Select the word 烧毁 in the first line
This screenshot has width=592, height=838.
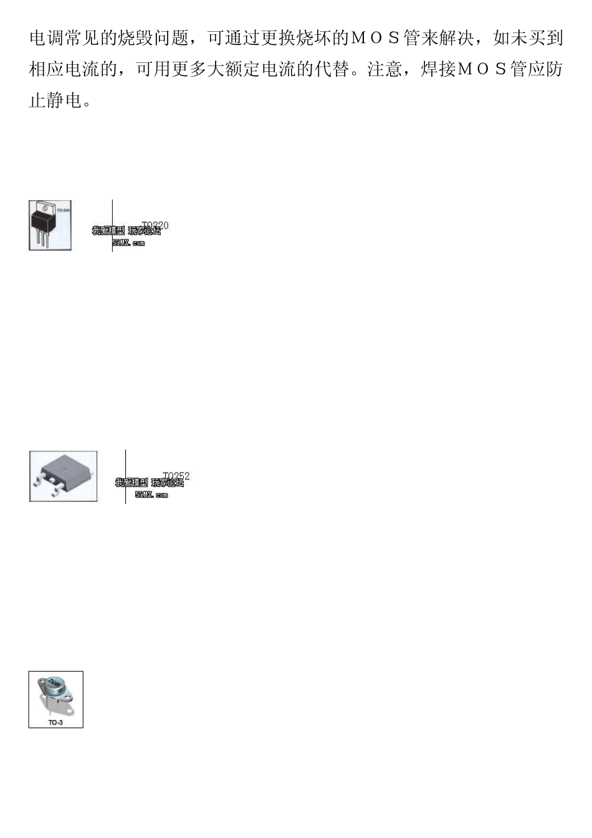[x=135, y=39]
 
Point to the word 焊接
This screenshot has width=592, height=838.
[x=438, y=69]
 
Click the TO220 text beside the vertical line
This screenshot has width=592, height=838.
[x=156, y=225]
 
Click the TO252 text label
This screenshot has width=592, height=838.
[x=177, y=477]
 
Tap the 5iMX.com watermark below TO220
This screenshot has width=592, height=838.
[x=128, y=243]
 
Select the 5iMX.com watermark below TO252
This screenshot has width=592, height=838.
[x=151, y=495]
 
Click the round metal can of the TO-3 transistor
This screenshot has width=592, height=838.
[x=56, y=688]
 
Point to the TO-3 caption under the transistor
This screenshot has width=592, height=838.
[x=55, y=722]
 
